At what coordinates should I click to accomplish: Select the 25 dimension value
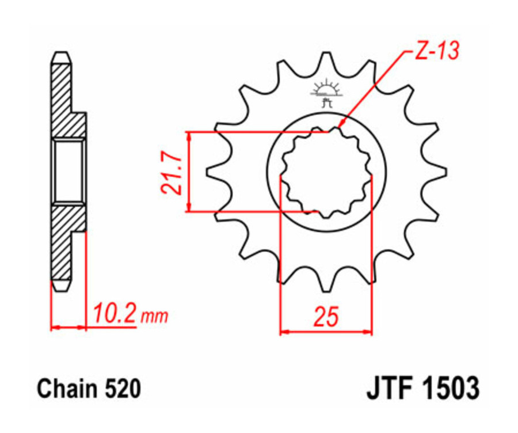click(x=326, y=317)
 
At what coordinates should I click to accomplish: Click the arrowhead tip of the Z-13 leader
click(x=340, y=126)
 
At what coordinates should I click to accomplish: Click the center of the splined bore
click(x=326, y=171)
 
